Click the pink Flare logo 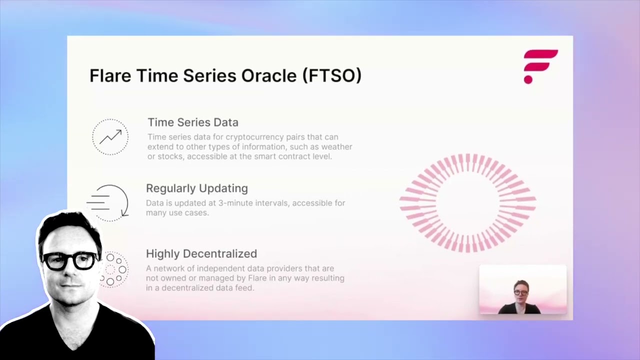[x=540, y=66]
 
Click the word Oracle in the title [x=269, y=75]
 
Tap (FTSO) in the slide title [x=332, y=75]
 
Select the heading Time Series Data [x=192, y=122]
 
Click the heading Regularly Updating [x=196, y=188]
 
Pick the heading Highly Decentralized [x=201, y=254]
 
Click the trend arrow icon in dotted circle [x=110, y=136]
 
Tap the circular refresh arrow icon [x=109, y=202]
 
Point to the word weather [x=335, y=146]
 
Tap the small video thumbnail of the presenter [x=522, y=290]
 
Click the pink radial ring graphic [x=467, y=202]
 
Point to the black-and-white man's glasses [x=70, y=260]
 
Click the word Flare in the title [x=110, y=75]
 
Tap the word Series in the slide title [x=209, y=75]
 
